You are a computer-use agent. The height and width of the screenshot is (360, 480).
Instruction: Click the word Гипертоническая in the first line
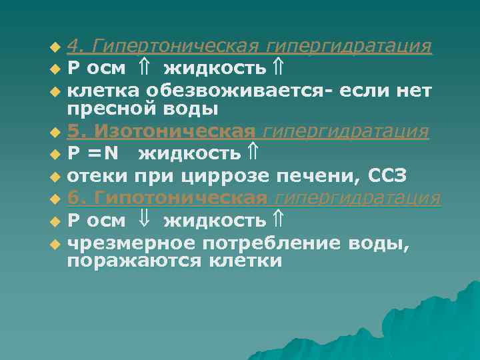click(x=175, y=47)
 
